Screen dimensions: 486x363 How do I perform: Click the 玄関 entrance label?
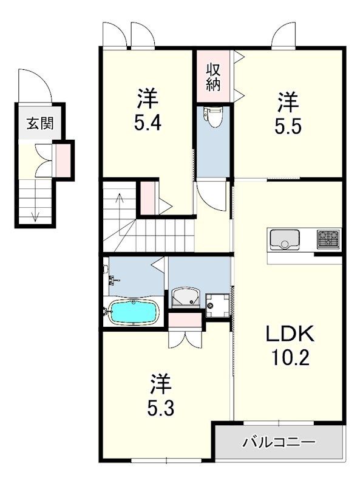39,123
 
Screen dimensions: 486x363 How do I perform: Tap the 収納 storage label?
213,77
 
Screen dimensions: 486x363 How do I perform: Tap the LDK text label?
289,334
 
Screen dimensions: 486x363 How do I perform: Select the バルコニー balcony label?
279,442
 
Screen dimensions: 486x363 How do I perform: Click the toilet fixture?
212,117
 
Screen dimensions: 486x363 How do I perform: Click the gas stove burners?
328,239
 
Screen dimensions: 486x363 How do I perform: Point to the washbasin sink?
185,298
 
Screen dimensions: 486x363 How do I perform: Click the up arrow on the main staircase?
120,199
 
